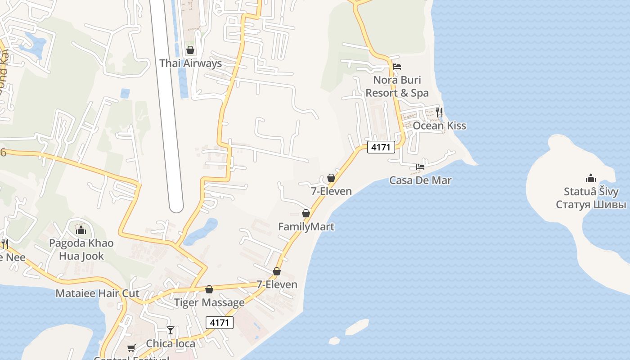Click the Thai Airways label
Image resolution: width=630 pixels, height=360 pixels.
[x=190, y=63]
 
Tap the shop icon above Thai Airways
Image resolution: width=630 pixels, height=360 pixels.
[x=190, y=50]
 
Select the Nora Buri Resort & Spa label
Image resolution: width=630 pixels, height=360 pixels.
[x=397, y=86]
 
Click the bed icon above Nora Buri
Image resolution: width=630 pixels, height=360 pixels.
[x=396, y=67]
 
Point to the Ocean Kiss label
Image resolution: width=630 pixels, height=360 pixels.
[x=439, y=126]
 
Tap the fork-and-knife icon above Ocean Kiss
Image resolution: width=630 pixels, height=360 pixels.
[x=439, y=112]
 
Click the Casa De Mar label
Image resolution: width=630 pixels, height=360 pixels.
[x=420, y=180]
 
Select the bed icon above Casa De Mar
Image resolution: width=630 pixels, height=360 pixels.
[x=420, y=167]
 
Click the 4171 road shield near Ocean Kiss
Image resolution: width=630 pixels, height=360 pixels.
[x=381, y=147]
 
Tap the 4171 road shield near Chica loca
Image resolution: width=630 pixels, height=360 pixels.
[x=220, y=322]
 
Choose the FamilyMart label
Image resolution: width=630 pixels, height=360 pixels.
[x=306, y=227]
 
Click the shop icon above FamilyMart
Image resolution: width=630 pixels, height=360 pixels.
[x=306, y=213]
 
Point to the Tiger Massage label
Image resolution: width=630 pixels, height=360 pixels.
[x=209, y=302]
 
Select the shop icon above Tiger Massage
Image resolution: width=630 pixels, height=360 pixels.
[x=209, y=289]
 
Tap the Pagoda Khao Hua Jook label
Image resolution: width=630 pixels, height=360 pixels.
[x=81, y=250]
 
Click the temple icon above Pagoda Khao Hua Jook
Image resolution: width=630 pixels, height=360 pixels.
[x=81, y=230]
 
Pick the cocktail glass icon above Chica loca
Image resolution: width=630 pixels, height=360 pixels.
[x=171, y=330]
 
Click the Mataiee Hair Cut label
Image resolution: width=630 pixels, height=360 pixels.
[x=97, y=294]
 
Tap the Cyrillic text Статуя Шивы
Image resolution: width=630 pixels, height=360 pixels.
[x=591, y=205]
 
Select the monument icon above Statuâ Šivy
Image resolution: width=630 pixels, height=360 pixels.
[x=591, y=178]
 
